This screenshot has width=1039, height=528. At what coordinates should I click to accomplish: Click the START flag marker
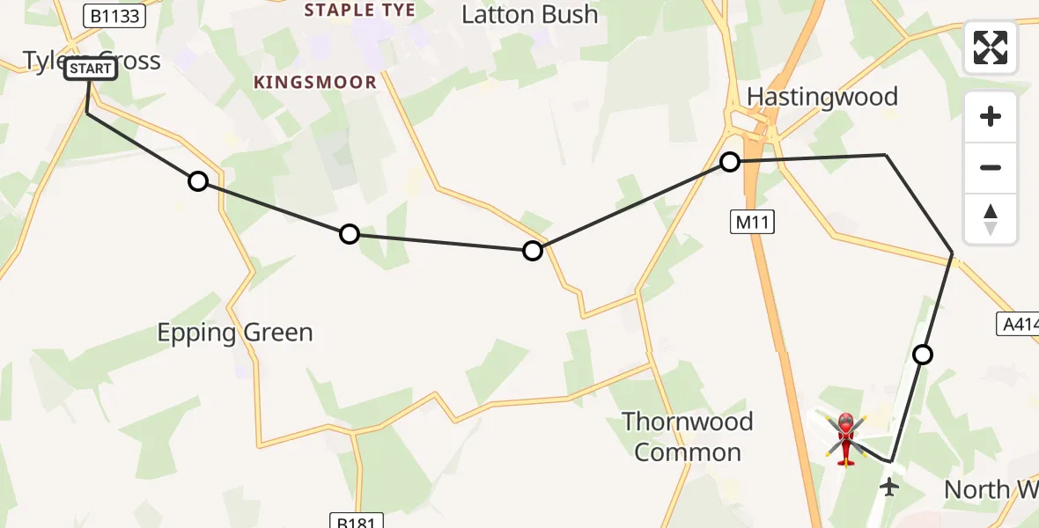point(91,69)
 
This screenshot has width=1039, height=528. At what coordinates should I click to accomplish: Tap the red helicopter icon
point(846,438)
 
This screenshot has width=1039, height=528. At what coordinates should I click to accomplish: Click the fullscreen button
point(991,48)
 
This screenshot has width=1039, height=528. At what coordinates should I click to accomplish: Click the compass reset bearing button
point(991,219)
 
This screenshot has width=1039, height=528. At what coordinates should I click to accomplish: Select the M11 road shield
point(752,224)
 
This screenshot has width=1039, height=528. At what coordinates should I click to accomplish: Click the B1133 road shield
point(114,15)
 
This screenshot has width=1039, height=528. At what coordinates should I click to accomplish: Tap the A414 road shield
point(1020,323)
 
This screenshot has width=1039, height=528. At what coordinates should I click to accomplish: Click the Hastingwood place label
point(822,97)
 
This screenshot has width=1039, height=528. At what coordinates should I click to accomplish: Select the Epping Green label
point(235,333)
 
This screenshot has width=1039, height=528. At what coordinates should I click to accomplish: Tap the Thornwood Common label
point(688,437)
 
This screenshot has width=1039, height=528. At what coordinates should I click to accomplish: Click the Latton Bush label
point(529,15)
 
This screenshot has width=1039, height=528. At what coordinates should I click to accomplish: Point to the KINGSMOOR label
point(315,83)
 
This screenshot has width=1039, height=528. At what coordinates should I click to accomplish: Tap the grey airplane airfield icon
point(889,486)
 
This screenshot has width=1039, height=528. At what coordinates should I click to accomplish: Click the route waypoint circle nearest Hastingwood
point(730,162)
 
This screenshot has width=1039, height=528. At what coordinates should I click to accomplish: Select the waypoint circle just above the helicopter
point(923,355)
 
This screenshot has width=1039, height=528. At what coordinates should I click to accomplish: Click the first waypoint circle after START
point(198,181)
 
